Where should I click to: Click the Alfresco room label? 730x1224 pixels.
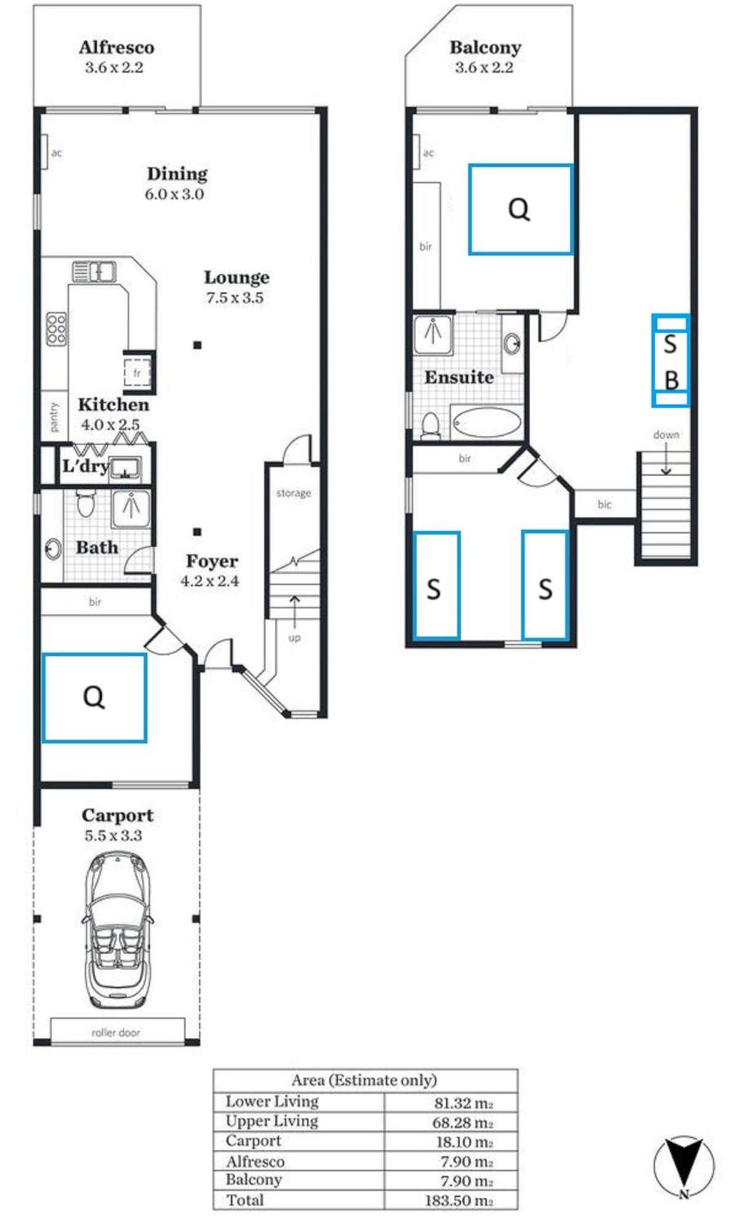coord(116,47)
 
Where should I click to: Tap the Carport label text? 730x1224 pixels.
coord(117,815)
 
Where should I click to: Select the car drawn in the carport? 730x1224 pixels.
coord(117,930)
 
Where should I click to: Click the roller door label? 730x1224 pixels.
coord(116,1033)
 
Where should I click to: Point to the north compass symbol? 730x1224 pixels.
coord(684,1167)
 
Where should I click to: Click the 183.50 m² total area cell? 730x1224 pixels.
coord(459,1200)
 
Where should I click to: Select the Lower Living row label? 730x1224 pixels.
coord(272,1101)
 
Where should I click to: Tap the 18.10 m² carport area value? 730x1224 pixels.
coord(463,1142)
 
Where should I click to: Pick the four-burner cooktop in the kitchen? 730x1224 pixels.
coord(57,329)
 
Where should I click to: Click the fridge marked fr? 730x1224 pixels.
coord(138,373)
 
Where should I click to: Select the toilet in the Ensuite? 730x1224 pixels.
coord(431,425)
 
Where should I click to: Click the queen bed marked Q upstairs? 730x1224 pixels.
coord(520,209)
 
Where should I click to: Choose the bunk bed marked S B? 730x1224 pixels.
coord(670,360)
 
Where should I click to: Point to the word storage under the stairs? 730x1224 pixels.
coord(294,493)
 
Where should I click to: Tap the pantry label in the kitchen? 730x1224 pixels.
coord(55,417)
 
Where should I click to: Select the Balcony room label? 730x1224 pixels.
coord(485,47)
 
